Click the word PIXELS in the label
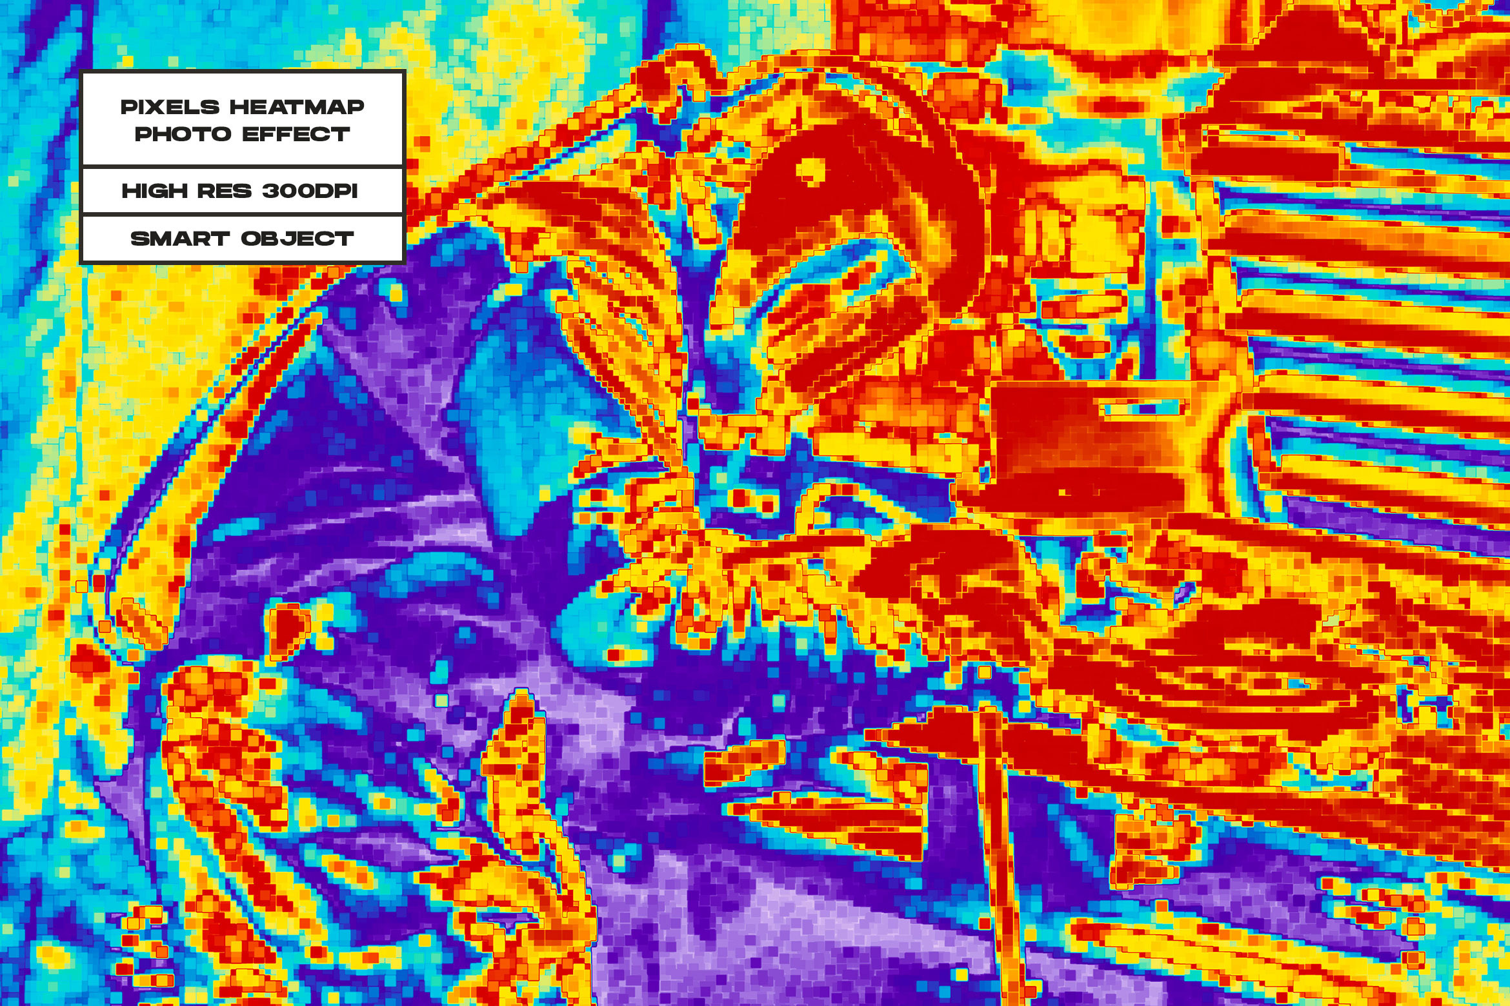pyautogui.click(x=170, y=107)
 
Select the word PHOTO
pyautogui.click(x=183, y=134)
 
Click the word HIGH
pyautogui.click(x=154, y=191)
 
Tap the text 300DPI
pyautogui.click(x=310, y=191)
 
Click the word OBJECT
pyautogui.click(x=297, y=239)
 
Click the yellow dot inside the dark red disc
pyautogui.click(x=809, y=170)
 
